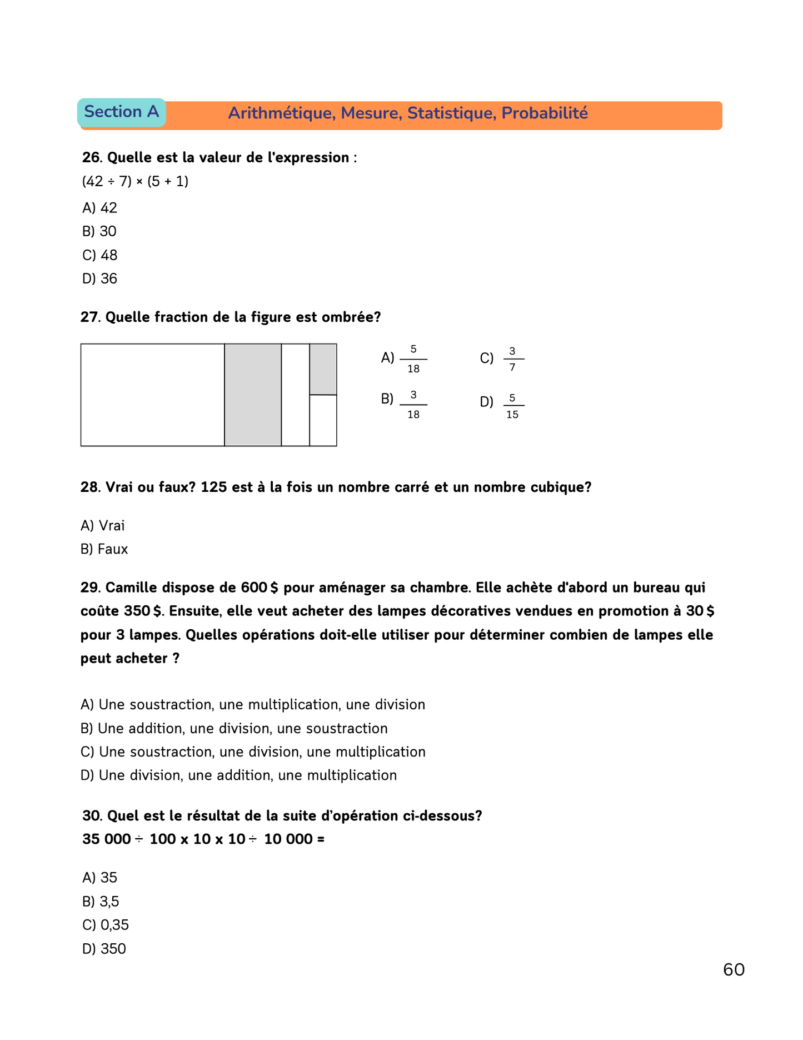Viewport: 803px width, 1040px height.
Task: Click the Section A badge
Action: point(121,112)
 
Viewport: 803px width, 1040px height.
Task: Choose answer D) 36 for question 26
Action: point(100,278)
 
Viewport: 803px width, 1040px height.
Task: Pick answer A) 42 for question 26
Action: point(100,208)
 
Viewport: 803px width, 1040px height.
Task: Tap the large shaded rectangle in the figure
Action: point(253,395)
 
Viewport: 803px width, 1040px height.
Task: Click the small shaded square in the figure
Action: point(323,369)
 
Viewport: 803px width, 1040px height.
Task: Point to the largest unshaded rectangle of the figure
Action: point(152,395)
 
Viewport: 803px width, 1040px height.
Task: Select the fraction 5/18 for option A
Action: point(413,359)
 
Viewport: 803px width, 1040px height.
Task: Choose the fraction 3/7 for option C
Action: point(512,359)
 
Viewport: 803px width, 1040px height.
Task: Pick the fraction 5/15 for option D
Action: point(512,406)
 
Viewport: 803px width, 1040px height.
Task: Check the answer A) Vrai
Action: point(103,525)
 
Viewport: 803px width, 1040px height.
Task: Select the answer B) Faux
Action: point(104,549)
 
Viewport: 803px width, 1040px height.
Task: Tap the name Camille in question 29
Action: point(130,588)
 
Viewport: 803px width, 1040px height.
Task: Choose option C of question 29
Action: point(253,752)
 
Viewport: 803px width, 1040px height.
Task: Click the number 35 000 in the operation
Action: point(107,839)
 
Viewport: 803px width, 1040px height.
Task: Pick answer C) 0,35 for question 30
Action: point(106,925)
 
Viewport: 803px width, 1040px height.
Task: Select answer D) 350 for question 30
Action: point(104,949)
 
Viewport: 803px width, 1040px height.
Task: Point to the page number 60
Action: point(734,970)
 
